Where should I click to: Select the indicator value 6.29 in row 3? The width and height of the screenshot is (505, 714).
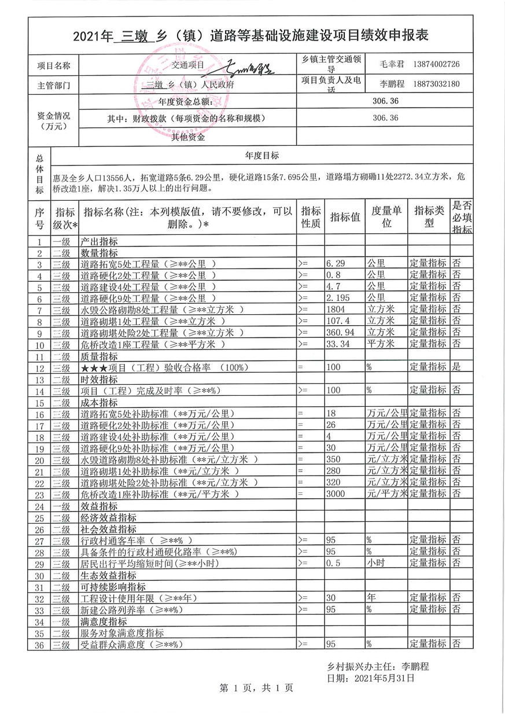point(336,263)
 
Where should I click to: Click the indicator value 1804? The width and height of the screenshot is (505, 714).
point(336,310)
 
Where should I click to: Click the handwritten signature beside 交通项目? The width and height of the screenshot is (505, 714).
point(249,67)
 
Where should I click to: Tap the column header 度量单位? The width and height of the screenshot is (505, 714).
point(386,217)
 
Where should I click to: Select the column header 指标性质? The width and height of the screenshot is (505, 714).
point(311,217)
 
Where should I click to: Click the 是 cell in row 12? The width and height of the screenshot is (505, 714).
point(456,367)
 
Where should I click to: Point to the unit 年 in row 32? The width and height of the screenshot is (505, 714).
point(370,597)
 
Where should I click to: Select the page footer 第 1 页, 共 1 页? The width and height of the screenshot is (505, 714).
point(256,689)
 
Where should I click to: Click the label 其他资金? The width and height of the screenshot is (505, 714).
point(188,137)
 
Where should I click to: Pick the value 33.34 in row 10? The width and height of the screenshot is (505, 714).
point(338,344)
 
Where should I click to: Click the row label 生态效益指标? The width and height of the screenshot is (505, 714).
point(109,575)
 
